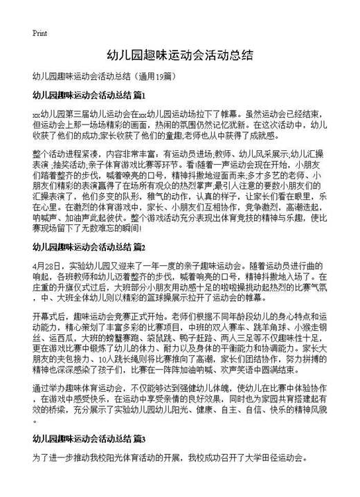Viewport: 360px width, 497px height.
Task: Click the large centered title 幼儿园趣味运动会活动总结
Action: pyautogui.click(x=179, y=54)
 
